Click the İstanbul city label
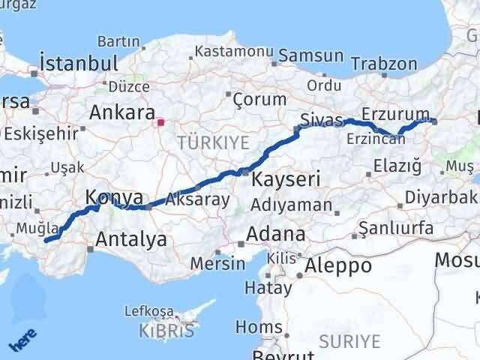[x=80, y=62]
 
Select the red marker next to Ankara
[x=160, y=121]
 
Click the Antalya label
[x=131, y=240]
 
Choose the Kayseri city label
[x=286, y=179]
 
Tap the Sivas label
[x=320, y=120]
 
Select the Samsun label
[x=310, y=56]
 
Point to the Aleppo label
[x=339, y=265]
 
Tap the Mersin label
[x=217, y=263]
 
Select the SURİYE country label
[x=349, y=341]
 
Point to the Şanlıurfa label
[x=396, y=228]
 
